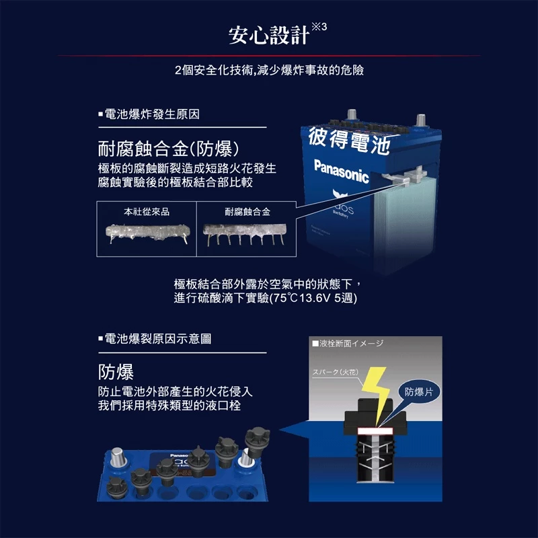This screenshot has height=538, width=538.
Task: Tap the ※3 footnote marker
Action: [319, 27]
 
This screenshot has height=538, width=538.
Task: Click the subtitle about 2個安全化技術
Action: [269, 71]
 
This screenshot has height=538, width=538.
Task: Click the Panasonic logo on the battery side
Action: [342, 171]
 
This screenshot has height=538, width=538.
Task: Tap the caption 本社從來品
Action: [147, 212]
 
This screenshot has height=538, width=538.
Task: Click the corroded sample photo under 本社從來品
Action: [147, 234]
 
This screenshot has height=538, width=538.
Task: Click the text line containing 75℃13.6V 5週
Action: [265, 298]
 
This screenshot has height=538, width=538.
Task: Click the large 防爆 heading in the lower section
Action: [116, 372]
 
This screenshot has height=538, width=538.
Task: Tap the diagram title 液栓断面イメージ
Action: [350, 344]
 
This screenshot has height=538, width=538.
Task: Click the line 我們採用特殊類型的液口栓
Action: [169, 406]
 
